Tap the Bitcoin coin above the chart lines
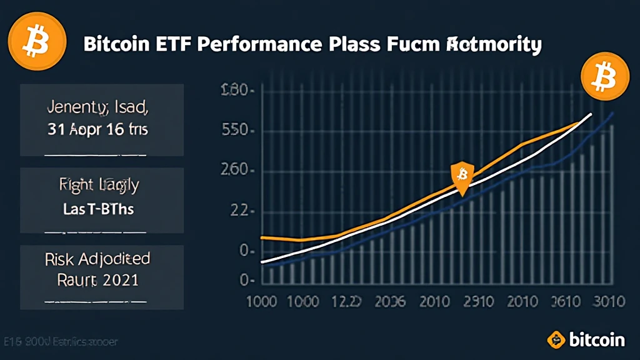click(x=598, y=77)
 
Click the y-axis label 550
click(x=237, y=132)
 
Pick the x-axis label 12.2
click(x=344, y=301)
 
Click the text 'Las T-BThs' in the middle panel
click(x=99, y=209)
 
